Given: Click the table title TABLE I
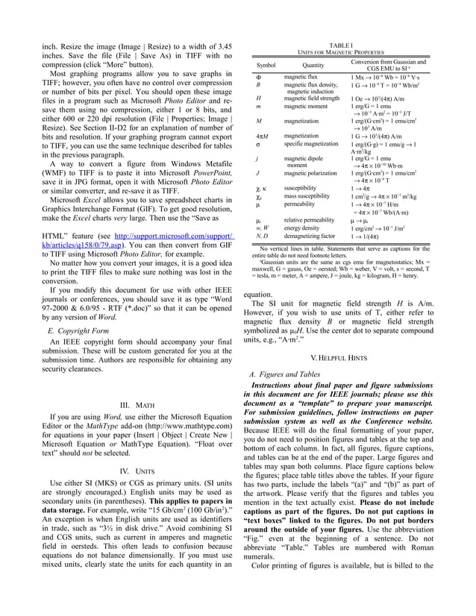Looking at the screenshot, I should [x=340, y=45].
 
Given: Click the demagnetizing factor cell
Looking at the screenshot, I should [x=309, y=236].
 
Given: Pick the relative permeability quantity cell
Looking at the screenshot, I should [x=310, y=221].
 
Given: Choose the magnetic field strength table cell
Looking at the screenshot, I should [x=312, y=98].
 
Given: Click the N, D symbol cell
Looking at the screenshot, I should [x=261, y=236].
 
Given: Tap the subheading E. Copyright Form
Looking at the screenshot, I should [x=78, y=330].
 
